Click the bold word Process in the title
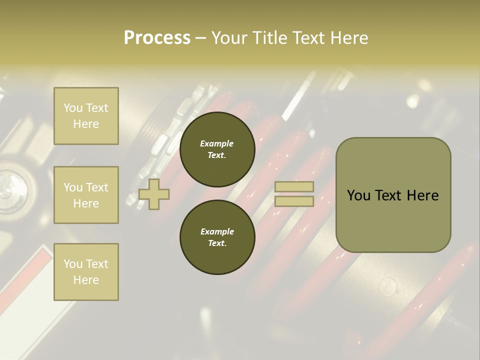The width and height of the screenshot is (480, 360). [157, 37]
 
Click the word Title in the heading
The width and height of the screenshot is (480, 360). [269, 37]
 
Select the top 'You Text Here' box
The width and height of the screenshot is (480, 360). [86, 116]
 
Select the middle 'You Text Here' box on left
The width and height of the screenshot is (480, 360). [86, 195]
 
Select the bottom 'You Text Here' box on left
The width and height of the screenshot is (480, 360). [86, 272]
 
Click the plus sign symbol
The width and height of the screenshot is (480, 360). [154, 194]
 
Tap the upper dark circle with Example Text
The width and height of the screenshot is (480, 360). [217, 149]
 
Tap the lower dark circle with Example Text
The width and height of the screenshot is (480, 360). [217, 237]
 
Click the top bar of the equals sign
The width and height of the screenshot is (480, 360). [294, 187]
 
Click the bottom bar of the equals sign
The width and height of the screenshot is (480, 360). [294, 201]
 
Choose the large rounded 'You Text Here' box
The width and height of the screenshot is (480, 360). [393, 195]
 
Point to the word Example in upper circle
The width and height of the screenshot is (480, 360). [217, 143]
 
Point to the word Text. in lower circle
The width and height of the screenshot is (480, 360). [217, 243]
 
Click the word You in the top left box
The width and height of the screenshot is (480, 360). [72, 108]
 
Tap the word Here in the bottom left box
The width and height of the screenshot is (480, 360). [86, 280]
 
